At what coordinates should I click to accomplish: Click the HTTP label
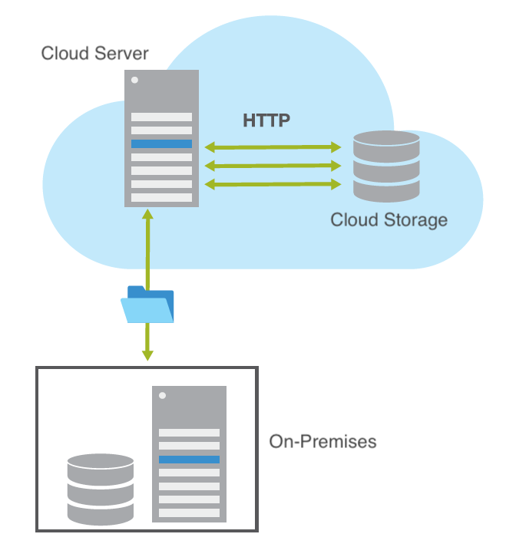266,120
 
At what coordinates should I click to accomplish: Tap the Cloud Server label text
94,54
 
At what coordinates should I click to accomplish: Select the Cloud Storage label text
389,220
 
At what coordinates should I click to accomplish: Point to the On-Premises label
323,442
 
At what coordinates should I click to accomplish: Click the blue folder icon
147,305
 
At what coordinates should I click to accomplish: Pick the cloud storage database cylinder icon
386,166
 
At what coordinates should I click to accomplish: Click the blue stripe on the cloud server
161,144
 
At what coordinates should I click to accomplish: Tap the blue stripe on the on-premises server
189,460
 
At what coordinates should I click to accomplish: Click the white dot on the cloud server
135,80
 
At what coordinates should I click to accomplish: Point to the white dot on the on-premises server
163,396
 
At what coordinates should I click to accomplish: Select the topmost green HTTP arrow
272,146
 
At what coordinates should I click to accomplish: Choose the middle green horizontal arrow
272,165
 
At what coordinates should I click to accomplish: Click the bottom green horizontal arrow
272,184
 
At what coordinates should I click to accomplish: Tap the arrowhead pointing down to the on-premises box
147,355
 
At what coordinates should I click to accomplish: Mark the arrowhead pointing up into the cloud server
147,213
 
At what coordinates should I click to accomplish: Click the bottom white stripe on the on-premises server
189,513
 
